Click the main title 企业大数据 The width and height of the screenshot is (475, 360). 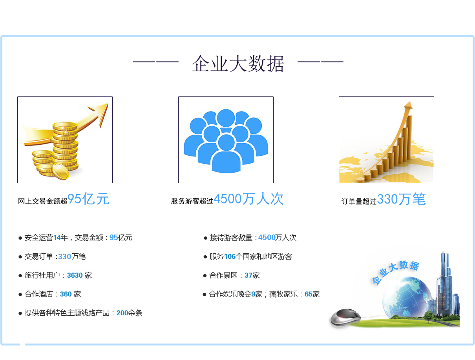(x=238, y=64)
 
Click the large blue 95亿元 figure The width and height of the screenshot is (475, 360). (x=88, y=198)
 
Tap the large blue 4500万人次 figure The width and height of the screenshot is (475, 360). (x=248, y=198)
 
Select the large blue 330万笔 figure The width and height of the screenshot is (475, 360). (x=402, y=199)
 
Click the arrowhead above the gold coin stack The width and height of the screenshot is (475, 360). (x=101, y=113)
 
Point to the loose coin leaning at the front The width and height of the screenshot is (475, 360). (x=60, y=171)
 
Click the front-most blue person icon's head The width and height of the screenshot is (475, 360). (x=226, y=143)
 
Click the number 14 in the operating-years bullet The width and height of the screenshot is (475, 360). (x=57, y=238)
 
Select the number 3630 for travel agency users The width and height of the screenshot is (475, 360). (x=75, y=275)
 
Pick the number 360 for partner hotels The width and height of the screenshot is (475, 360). (x=66, y=294)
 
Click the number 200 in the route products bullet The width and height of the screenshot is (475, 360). (x=122, y=313)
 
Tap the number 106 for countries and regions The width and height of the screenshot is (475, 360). (x=230, y=256)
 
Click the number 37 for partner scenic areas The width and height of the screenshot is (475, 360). (x=248, y=275)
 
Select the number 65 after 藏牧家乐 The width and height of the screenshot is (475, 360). (x=309, y=294)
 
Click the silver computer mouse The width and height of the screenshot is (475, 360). (x=346, y=317)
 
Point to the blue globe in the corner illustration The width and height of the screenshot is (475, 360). (x=406, y=297)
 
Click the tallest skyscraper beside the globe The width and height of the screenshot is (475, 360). (x=444, y=283)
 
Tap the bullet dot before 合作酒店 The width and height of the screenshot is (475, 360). (x=20, y=295)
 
